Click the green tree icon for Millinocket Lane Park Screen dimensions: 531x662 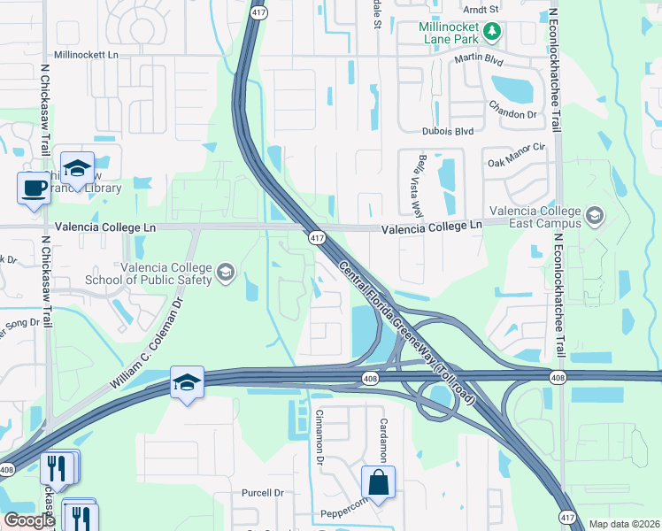point(494,32)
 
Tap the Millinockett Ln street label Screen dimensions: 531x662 point(86,54)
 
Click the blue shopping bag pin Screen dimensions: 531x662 point(378,483)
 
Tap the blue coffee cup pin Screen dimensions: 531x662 point(35,188)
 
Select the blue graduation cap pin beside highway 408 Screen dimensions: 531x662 point(187,382)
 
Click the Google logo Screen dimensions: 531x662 point(30,520)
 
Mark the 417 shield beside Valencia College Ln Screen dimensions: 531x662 point(317,237)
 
